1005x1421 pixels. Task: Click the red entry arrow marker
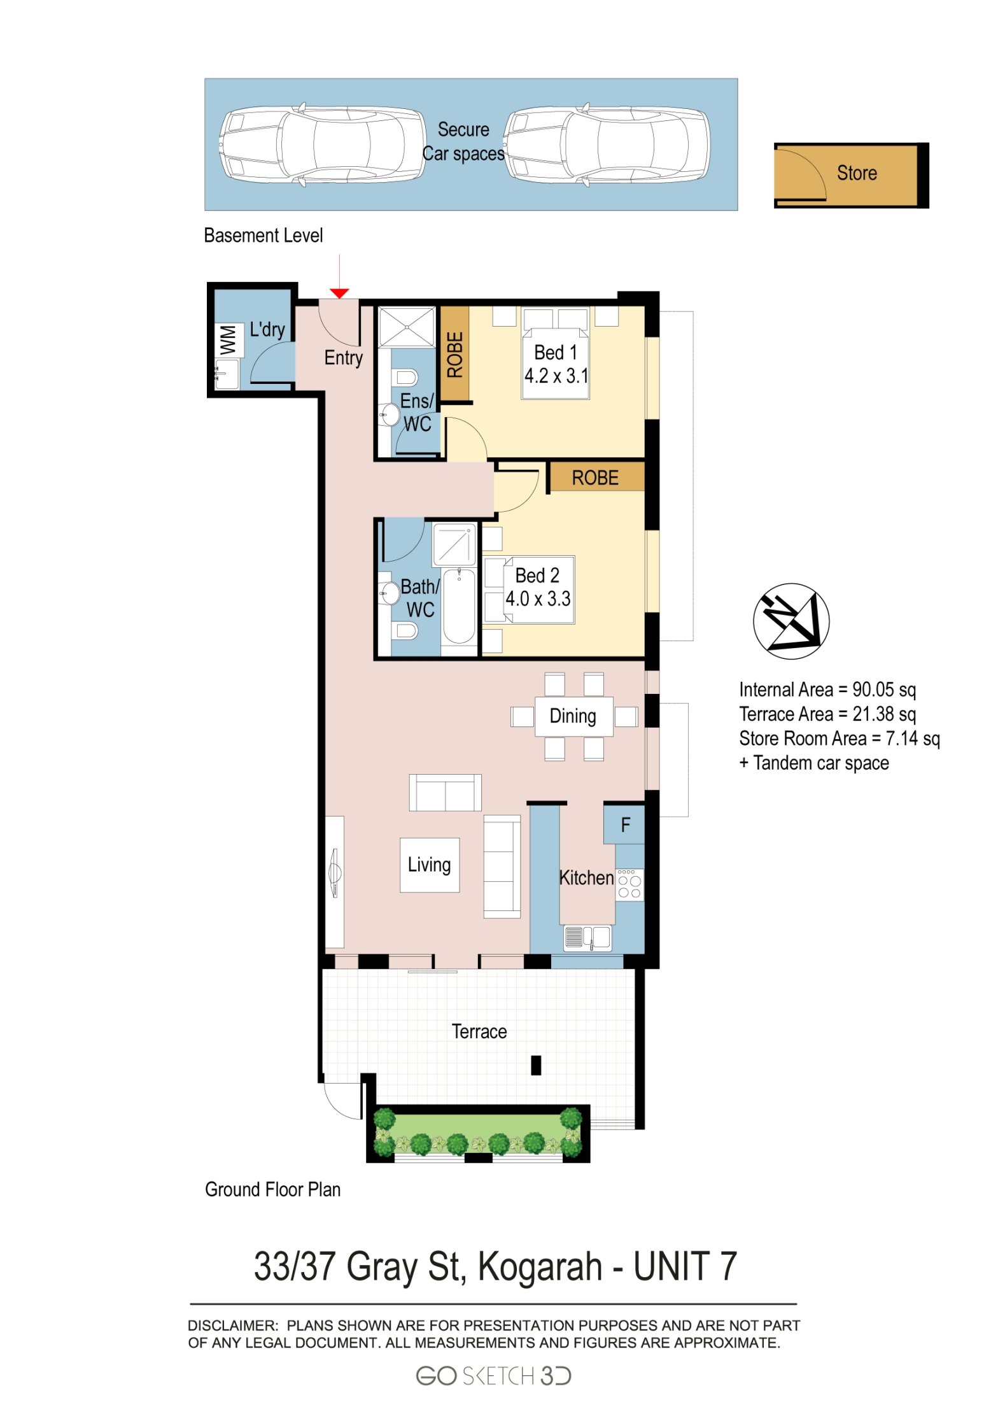(339, 293)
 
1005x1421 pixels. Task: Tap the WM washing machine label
(228, 339)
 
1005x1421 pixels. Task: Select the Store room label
(856, 173)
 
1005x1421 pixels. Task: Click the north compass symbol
(791, 621)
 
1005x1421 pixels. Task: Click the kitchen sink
(587, 938)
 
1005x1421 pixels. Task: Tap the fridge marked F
(624, 825)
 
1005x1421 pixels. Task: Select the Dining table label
(572, 716)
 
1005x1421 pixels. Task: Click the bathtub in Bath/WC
(458, 606)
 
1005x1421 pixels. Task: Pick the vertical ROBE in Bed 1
(454, 354)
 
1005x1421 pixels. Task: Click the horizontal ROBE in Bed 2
(594, 477)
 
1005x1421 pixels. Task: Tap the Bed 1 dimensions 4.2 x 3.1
(556, 376)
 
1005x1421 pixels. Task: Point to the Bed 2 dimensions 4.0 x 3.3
(538, 598)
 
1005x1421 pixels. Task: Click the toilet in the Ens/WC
(405, 378)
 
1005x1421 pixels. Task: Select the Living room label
(429, 865)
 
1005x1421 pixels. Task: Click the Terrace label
(479, 1031)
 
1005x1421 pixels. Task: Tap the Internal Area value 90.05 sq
(883, 689)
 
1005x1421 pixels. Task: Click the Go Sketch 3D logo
(493, 1376)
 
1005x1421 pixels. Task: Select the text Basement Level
(263, 236)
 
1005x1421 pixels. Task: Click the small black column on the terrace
(536, 1065)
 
